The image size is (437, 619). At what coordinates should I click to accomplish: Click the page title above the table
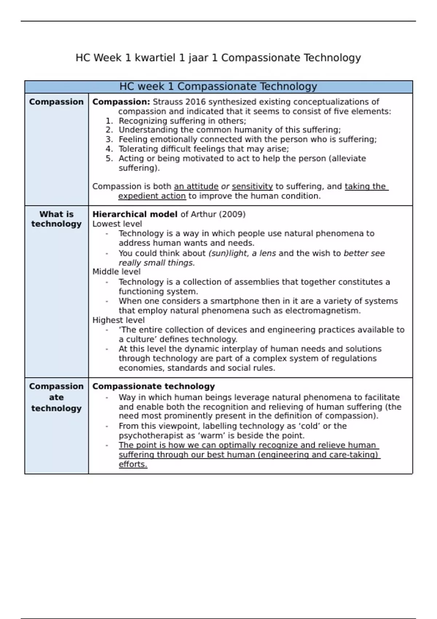point(218,58)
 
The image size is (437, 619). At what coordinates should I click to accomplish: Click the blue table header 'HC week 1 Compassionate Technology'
point(218,87)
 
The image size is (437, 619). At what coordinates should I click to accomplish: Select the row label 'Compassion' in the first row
point(56,102)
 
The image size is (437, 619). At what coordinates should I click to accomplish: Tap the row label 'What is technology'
point(56,219)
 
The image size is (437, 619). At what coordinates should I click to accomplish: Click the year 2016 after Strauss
point(196,102)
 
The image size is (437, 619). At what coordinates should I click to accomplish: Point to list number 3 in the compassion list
point(109,139)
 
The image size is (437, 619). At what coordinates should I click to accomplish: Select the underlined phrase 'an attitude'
point(196,186)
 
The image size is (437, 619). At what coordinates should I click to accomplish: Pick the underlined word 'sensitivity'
point(252,186)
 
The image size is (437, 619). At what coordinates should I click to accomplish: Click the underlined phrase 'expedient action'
point(152,196)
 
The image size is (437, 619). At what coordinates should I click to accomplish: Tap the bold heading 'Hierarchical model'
point(135,214)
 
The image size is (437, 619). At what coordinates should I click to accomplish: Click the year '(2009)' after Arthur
point(232,214)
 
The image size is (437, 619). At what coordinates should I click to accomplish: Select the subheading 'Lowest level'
point(117,224)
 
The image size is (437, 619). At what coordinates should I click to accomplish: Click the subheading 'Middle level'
point(116,272)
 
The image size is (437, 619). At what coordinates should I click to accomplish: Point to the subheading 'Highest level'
point(118,320)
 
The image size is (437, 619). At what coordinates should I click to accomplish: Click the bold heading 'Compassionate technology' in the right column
point(153,386)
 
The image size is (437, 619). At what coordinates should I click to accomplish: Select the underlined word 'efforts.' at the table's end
point(133,464)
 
